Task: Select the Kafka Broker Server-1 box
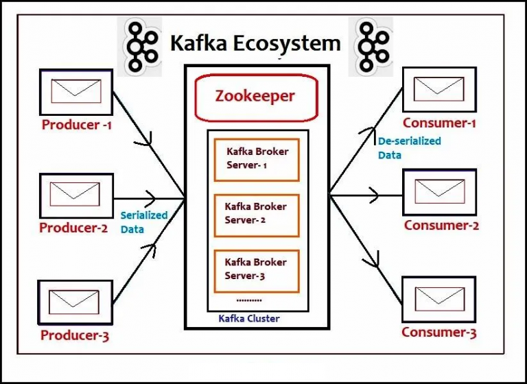pyautogui.click(x=256, y=159)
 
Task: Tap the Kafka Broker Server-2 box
pyautogui.click(x=256, y=214)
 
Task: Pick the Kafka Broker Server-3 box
pyautogui.click(x=256, y=269)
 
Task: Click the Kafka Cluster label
pyautogui.click(x=249, y=319)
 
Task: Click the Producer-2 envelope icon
pyautogui.click(x=75, y=195)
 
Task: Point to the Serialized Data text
pyautogui.click(x=143, y=222)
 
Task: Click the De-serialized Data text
pyautogui.click(x=409, y=147)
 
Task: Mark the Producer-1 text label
pyautogui.click(x=76, y=125)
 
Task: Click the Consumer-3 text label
pyautogui.click(x=439, y=333)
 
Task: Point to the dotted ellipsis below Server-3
pyautogui.click(x=248, y=300)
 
